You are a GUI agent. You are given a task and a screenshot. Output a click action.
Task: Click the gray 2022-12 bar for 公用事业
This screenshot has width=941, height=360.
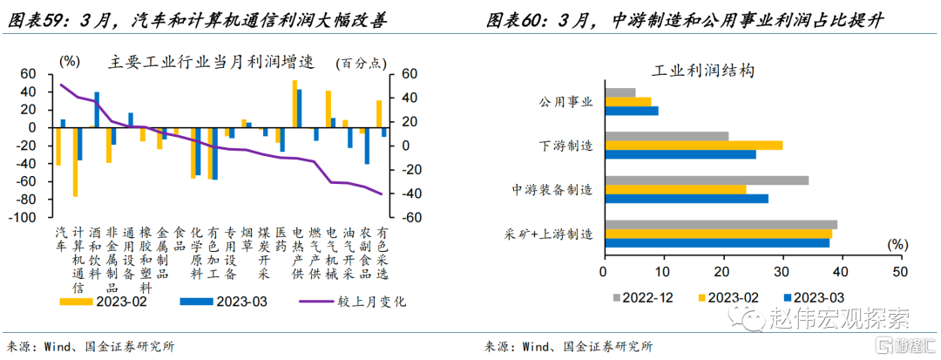point(620,92)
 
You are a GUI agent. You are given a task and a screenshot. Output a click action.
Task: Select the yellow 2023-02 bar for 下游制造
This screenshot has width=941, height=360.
point(694,145)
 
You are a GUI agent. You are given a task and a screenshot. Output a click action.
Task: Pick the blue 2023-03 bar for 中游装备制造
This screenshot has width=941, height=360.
point(687,199)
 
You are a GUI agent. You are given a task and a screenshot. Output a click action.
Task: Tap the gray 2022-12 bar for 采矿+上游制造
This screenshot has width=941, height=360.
point(721,225)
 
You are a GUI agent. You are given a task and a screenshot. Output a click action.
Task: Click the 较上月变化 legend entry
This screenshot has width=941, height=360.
point(353,302)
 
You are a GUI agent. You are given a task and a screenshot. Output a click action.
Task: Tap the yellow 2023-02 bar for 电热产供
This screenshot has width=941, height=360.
point(294,104)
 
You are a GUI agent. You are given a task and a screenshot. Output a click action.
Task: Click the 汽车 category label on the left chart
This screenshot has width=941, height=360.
point(60,241)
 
